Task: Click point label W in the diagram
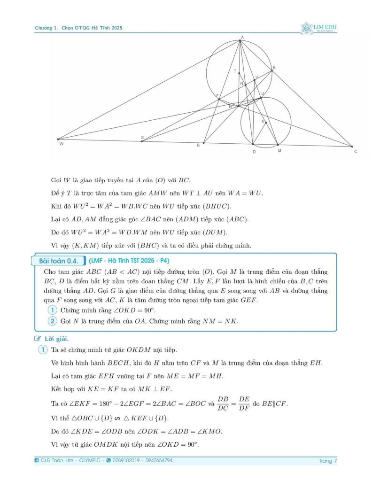point(61,144)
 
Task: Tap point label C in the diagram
point(356,152)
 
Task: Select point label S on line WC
point(142,137)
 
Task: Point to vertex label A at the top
point(242,37)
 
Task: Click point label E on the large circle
point(274,68)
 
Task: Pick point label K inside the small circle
point(263,121)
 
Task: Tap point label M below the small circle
point(279,151)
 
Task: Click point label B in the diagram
point(198,146)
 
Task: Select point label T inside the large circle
point(235,71)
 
